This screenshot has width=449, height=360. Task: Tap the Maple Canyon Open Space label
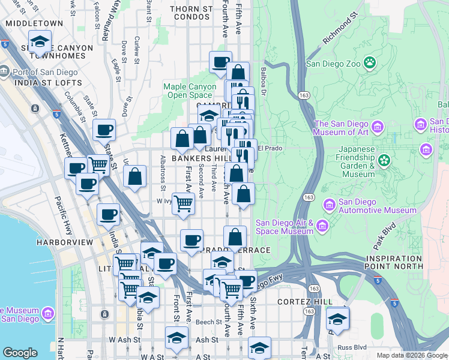[x=190, y=91]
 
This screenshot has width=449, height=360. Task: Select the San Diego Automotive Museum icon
[x=329, y=205]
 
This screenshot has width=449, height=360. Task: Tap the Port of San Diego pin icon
[x=5, y=73]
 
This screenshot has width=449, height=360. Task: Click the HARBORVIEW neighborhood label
[x=64, y=242]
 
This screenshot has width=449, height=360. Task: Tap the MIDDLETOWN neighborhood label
[x=34, y=23]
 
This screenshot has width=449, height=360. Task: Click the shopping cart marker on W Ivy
[x=184, y=203]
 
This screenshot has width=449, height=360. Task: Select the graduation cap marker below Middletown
[x=40, y=43]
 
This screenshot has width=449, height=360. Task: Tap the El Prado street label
[x=270, y=148]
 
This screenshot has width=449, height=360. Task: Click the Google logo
[x=20, y=353]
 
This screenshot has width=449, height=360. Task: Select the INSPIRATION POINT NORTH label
[x=394, y=262]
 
